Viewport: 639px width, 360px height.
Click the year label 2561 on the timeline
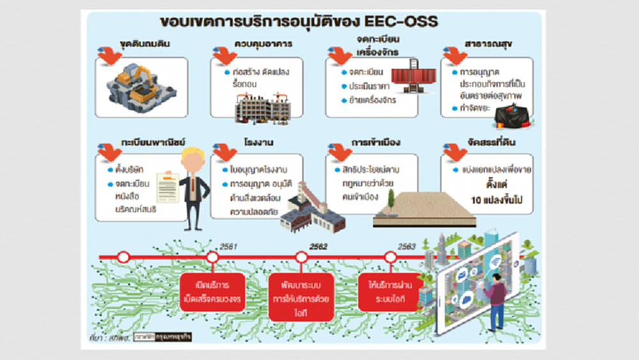(x=227, y=246)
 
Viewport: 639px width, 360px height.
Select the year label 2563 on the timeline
(x=407, y=246)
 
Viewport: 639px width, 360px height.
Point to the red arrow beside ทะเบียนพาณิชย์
(x=111, y=154)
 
